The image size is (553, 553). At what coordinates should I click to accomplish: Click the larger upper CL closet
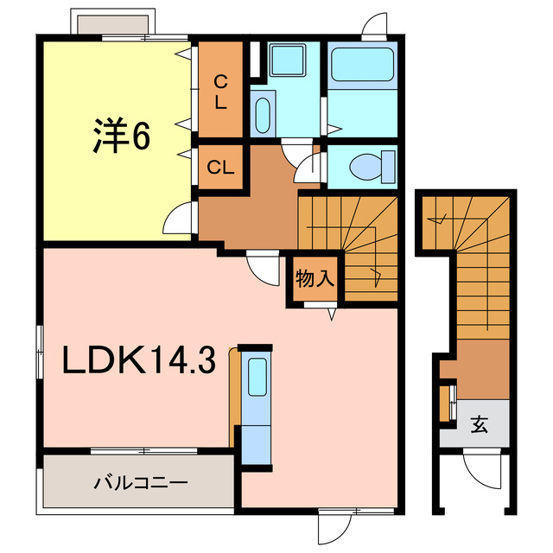tap(221, 91)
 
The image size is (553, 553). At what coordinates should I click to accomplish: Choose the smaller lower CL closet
tap(221, 168)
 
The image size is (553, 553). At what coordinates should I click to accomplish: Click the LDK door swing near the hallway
tap(259, 264)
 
